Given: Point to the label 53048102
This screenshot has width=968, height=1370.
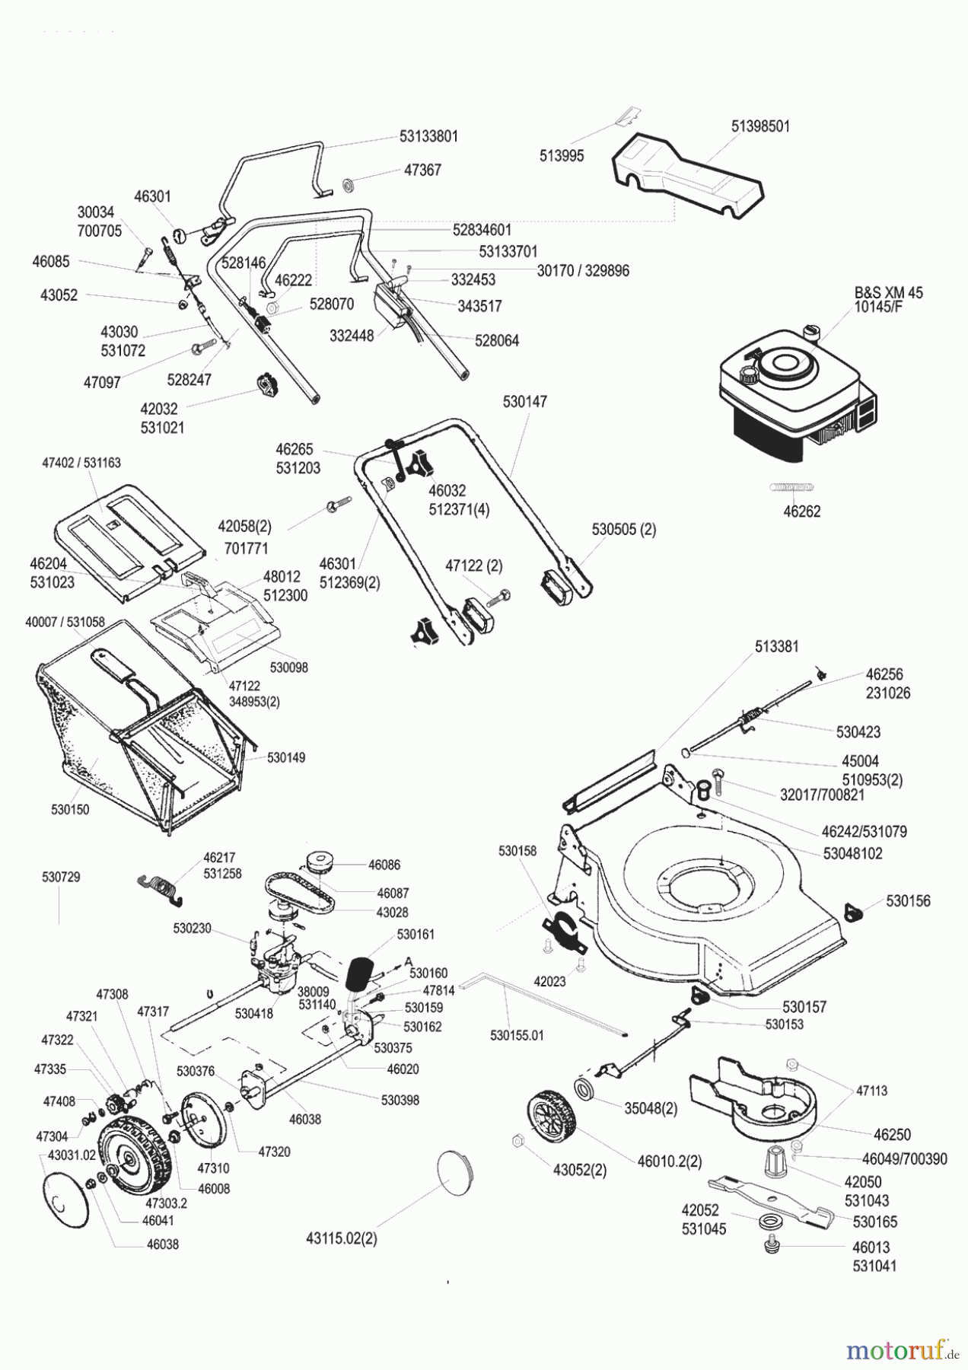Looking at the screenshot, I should (x=852, y=854).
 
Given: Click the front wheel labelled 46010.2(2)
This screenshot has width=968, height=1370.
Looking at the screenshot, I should (x=549, y=1119).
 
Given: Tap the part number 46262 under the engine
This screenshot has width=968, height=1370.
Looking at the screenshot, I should (x=801, y=511).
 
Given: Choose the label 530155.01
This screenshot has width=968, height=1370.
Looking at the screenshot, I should (x=517, y=1035).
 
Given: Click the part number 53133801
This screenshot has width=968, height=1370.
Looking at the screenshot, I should (x=428, y=137).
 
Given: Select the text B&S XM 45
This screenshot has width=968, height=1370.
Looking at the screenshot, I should (x=888, y=292).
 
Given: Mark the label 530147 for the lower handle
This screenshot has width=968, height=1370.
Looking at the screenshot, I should (x=524, y=401).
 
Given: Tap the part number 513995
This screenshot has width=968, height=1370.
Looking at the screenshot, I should (x=562, y=156).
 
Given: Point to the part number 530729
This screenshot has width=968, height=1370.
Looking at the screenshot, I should (x=61, y=878).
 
